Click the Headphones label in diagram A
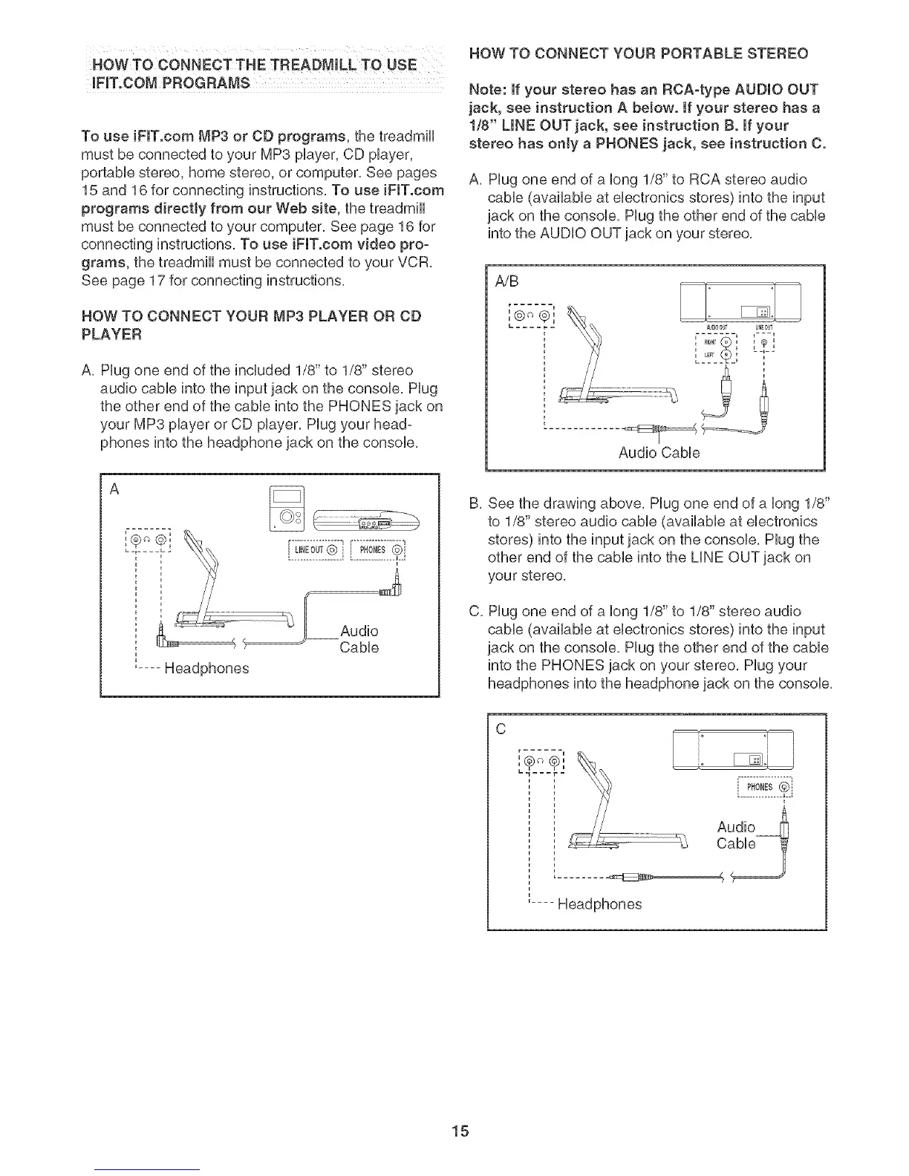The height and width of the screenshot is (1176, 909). click(x=206, y=668)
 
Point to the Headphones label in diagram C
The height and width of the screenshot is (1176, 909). click(x=599, y=904)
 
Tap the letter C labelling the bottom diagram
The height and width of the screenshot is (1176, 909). click(x=501, y=729)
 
